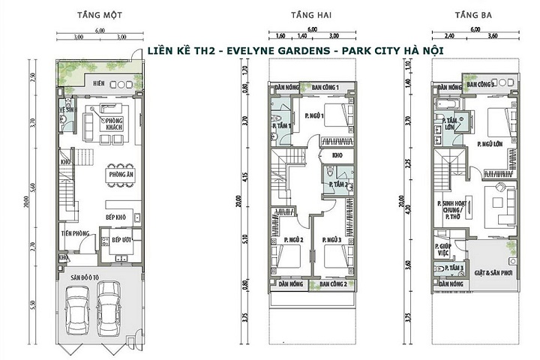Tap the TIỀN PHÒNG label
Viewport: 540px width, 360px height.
tap(77, 234)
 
